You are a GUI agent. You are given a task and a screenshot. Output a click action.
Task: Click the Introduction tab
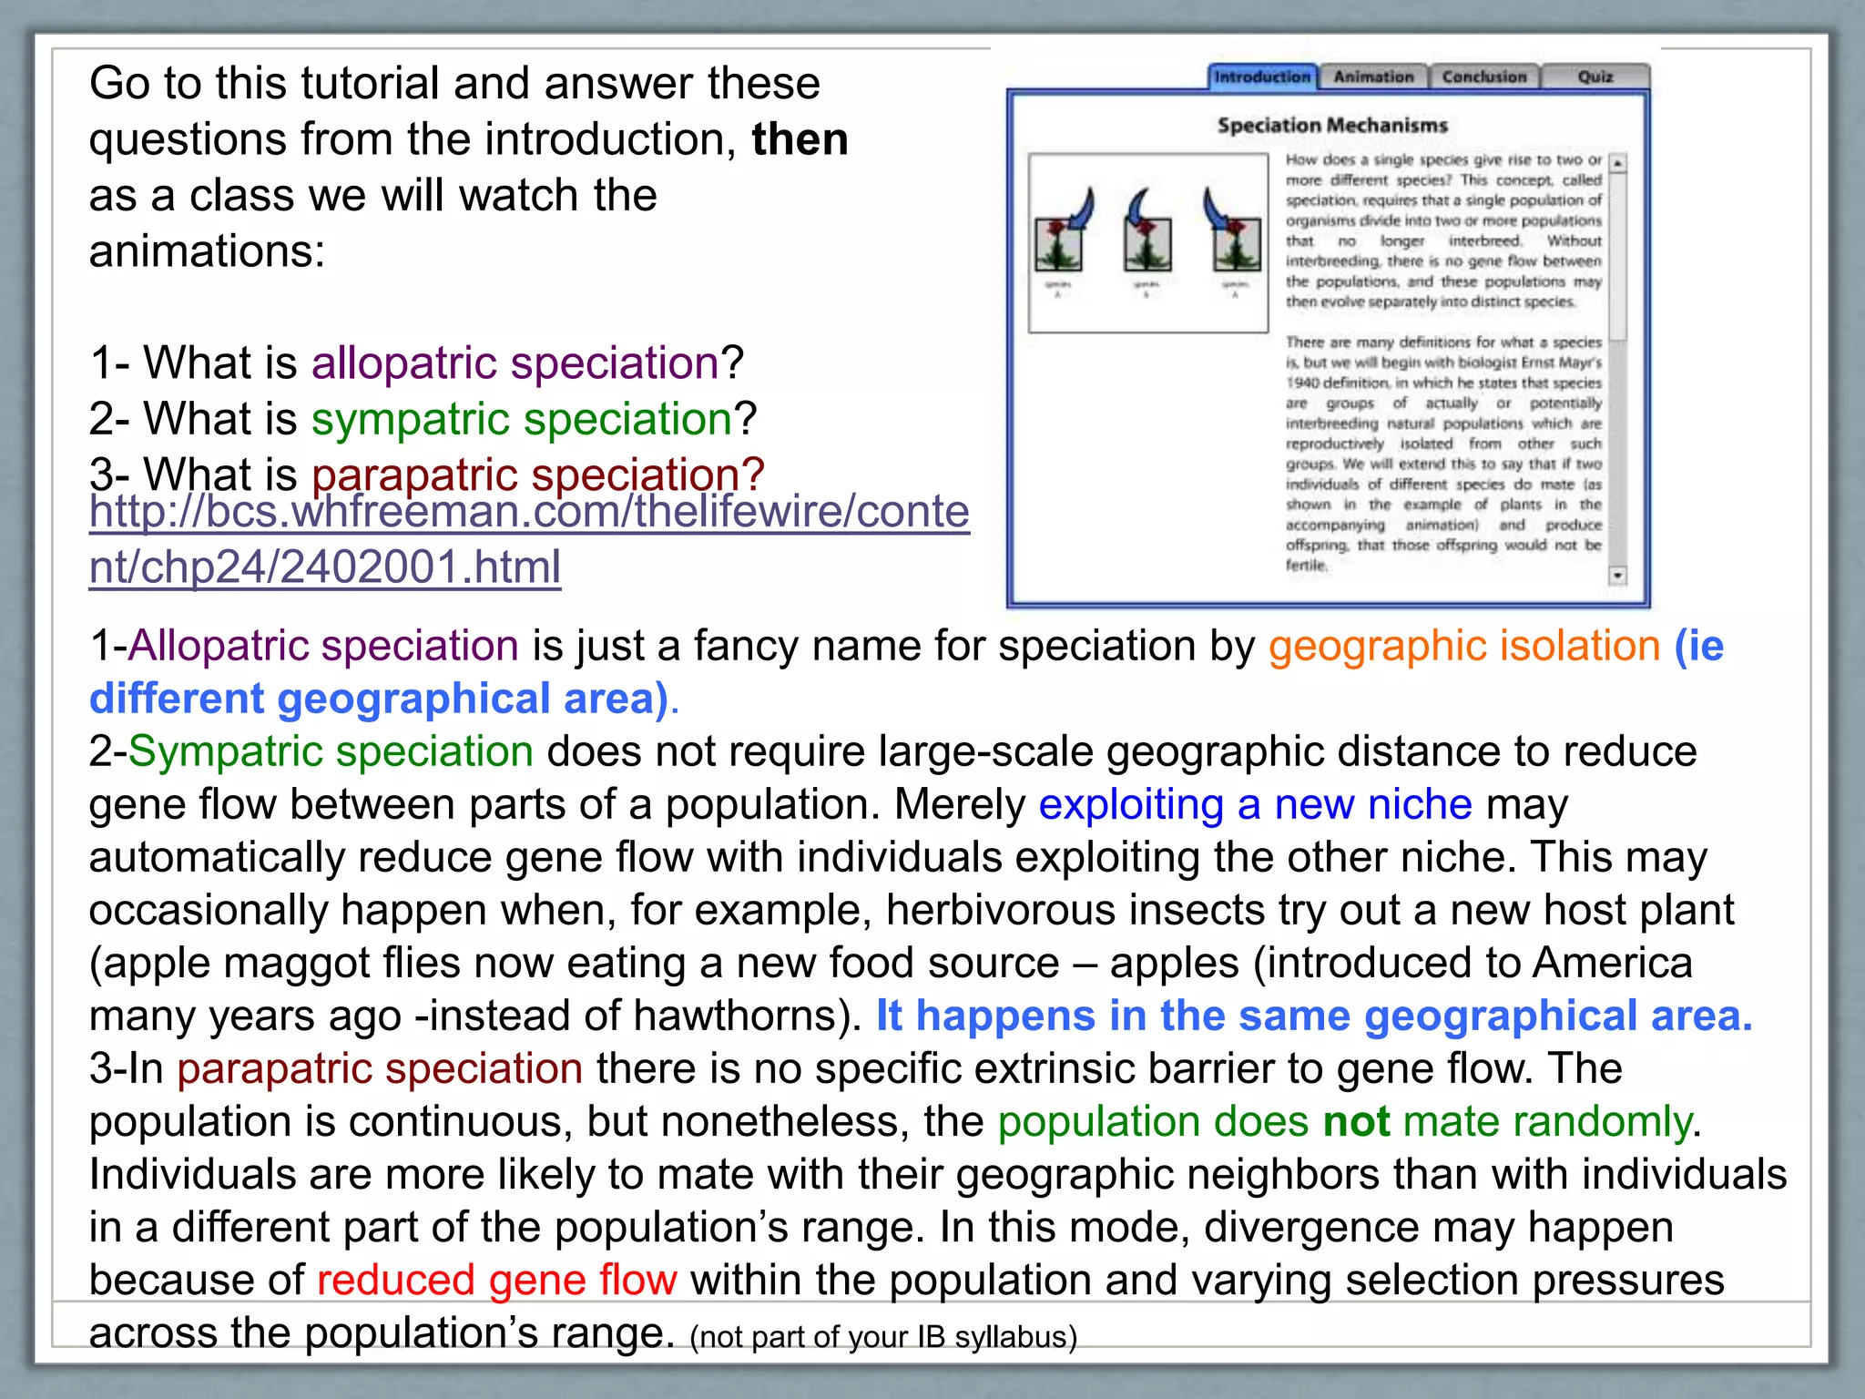[1262, 77]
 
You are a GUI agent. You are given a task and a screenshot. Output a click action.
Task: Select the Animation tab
[1373, 77]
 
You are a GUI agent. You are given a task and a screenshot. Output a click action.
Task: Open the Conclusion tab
[1483, 77]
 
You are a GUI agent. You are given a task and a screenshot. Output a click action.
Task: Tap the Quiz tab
[1595, 77]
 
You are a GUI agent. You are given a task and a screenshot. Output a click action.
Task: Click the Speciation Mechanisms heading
[1332, 126]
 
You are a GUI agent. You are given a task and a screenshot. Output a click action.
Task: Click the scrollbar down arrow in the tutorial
[1618, 576]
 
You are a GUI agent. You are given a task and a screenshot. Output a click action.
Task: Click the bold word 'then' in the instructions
[800, 139]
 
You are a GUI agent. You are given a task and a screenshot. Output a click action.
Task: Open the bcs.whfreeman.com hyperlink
[528, 538]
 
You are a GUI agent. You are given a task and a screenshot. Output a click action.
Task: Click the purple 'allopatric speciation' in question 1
[516, 363]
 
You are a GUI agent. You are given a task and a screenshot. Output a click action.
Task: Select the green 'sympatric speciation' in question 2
[522, 419]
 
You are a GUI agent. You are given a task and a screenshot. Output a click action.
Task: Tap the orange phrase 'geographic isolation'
[1464, 646]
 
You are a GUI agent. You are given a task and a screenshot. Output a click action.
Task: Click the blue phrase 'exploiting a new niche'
[1255, 804]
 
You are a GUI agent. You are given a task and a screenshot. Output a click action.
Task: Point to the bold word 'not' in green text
[1356, 1121]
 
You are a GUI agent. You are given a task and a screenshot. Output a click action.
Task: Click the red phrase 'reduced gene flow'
[496, 1280]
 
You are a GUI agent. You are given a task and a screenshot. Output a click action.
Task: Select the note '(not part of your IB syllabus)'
[883, 1337]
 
